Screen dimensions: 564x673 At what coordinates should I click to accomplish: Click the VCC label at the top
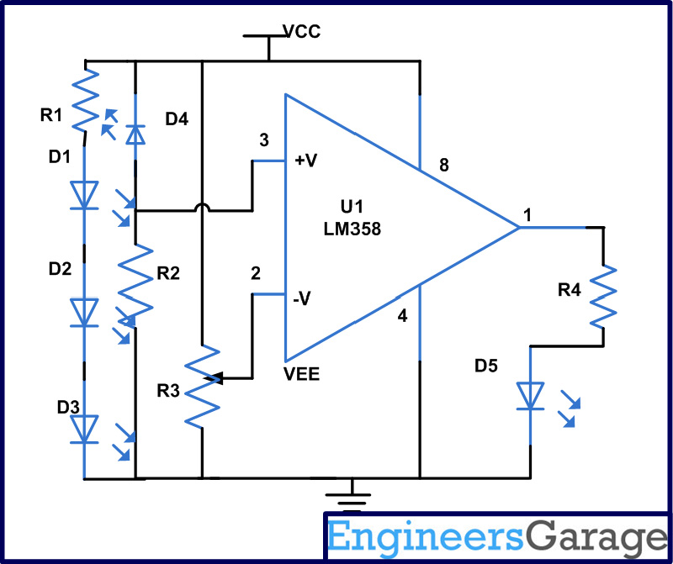pos(301,32)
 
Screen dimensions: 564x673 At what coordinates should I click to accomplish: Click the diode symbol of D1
pos(84,196)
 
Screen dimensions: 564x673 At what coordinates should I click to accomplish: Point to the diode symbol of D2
pos(84,313)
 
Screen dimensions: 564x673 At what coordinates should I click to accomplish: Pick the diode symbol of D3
pos(84,429)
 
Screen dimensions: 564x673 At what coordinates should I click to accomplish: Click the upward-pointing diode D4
pos(135,133)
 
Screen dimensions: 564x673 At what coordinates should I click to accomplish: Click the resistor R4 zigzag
pos(604,297)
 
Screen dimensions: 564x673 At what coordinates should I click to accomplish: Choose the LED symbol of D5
pos(531,395)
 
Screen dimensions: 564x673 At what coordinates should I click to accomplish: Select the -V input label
pos(303,296)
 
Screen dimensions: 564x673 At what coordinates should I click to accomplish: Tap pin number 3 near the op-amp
pos(266,140)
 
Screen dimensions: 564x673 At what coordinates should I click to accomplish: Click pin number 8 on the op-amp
pos(444,166)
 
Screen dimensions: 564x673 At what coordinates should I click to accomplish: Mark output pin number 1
pos(527,214)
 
